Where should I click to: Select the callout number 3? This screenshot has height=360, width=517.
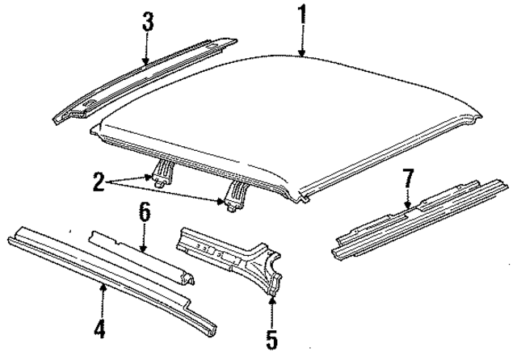click(148, 23)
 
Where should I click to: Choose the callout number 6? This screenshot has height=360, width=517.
click(145, 213)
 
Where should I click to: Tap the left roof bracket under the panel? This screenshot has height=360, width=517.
click(162, 172)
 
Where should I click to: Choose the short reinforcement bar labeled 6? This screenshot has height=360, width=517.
click(145, 257)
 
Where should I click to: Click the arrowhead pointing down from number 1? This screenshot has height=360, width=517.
click(301, 56)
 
